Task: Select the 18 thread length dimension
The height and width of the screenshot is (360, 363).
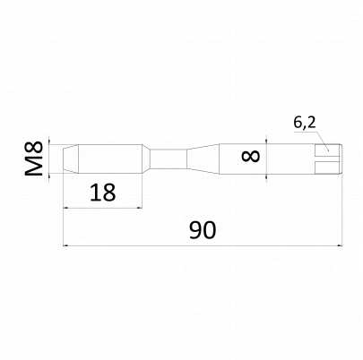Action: click(102, 193)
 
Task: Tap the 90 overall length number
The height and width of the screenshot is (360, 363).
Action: click(203, 230)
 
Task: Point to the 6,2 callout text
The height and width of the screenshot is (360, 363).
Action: click(304, 123)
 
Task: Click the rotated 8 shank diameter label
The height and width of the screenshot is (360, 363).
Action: click(251, 156)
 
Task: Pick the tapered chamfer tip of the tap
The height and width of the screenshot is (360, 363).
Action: click(71, 159)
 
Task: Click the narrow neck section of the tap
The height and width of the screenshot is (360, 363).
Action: click(168, 159)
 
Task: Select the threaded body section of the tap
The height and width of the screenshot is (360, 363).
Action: click(110, 159)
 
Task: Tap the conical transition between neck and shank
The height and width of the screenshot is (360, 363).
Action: click(203, 159)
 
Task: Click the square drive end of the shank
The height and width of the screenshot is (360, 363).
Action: click(328, 159)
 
